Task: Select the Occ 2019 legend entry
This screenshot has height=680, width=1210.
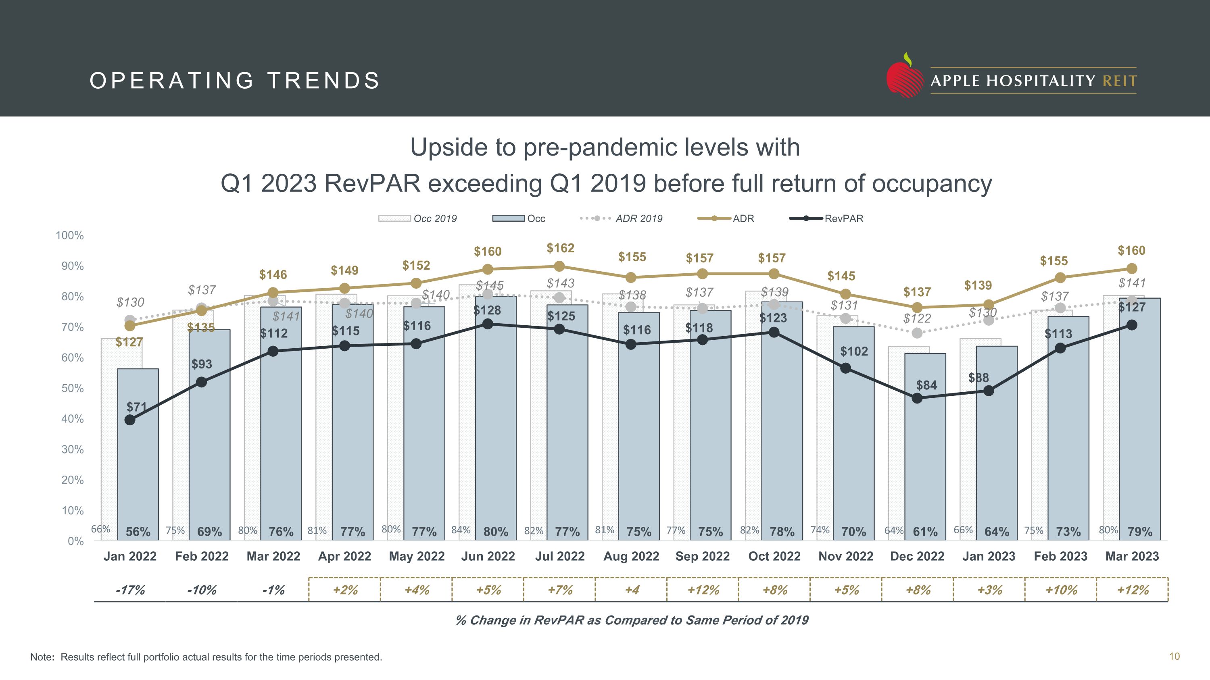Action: pos(417,218)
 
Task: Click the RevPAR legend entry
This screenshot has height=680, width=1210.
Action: pos(826,218)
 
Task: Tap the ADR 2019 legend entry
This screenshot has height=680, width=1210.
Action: pos(622,218)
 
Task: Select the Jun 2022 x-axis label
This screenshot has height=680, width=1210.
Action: pos(488,557)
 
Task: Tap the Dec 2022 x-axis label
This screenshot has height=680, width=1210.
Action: pos(917,557)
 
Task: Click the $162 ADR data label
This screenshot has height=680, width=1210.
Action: pos(560,248)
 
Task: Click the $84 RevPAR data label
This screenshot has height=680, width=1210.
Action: pos(926,385)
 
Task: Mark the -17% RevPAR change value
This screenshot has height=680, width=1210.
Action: pos(130,590)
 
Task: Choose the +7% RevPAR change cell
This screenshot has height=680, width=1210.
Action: pos(560,590)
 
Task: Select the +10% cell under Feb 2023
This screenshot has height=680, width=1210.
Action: pos(1061,590)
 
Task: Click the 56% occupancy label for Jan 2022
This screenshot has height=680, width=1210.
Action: pos(138,532)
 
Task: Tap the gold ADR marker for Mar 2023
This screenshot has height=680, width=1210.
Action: pos(1132,268)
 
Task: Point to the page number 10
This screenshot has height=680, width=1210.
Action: pos(1174,657)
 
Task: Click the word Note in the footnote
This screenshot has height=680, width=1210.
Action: pos(41,657)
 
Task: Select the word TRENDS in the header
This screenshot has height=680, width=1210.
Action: pos(323,81)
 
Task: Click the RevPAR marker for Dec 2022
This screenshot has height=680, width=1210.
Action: pos(917,398)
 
